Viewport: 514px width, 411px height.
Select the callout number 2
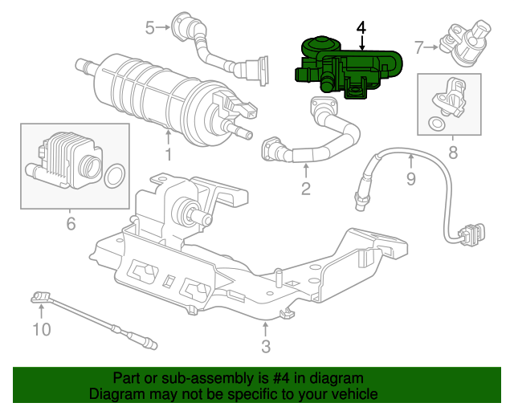pos(305,189)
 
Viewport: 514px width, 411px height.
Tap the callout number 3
pos(265,346)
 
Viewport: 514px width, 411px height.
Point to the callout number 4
pos(361,26)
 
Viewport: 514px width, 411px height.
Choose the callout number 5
pos(150,28)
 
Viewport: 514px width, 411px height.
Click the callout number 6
pos(71,224)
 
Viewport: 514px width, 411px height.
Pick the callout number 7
pos(418,47)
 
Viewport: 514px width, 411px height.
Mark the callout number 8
pos(453,151)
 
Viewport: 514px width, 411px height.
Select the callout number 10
pos(41,328)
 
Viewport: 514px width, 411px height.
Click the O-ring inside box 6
pos(116,175)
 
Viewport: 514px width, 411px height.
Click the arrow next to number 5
pos(164,28)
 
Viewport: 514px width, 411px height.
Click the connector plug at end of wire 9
pos(467,234)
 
